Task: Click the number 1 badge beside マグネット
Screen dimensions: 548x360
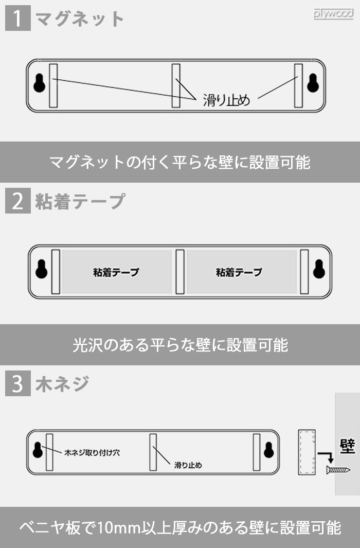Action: (17, 19)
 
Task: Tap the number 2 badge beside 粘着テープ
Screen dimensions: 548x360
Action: (17, 201)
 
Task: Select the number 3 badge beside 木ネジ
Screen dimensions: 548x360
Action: (17, 384)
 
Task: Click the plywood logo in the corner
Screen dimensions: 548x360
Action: (333, 14)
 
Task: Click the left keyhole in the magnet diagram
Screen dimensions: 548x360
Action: (39, 83)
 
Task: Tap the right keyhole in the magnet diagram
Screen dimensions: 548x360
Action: (312, 83)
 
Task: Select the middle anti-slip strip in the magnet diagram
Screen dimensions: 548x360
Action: (176, 85)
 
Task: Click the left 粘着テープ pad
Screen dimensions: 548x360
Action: (117, 272)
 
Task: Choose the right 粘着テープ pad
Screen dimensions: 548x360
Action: (241, 272)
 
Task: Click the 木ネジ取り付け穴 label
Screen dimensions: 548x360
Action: (92, 453)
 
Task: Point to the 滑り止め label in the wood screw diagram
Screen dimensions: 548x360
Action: (188, 465)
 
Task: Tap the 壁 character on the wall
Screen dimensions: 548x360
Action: (348, 447)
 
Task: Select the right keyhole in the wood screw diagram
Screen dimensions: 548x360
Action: (268, 450)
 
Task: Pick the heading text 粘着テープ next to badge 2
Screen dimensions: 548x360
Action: (80, 201)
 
